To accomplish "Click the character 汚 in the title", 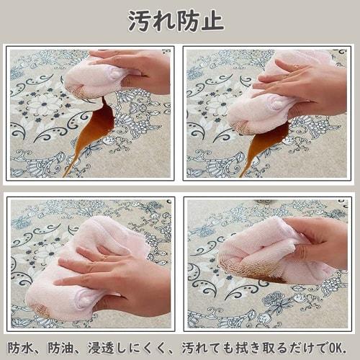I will [x=140, y=20].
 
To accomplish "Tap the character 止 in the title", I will [x=211, y=20].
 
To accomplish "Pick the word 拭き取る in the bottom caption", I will [x=266, y=346].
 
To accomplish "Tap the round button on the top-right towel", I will [x=275, y=105].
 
